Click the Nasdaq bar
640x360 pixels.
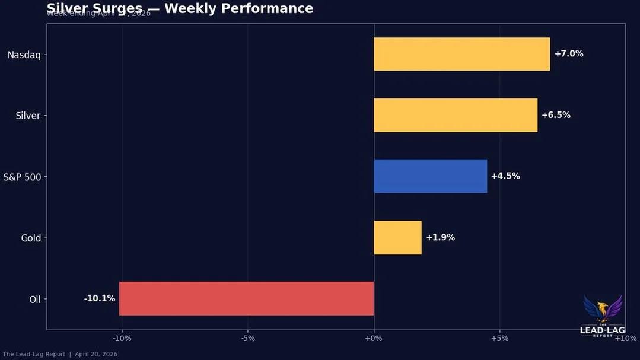(x=461, y=54)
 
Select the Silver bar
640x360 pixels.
(x=456, y=115)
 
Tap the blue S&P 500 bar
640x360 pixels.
(x=430, y=176)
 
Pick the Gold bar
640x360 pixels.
(x=397, y=237)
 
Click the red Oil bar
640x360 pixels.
(x=246, y=298)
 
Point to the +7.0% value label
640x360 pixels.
(x=569, y=54)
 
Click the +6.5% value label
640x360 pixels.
(x=556, y=115)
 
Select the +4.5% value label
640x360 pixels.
(x=505, y=176)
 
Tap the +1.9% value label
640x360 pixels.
(x=440, y=237)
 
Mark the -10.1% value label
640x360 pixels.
(x=100, y=298)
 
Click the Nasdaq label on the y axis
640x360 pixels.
(x=24, y=55)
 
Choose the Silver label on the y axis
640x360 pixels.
(x=28, y=116)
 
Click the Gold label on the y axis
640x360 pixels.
(x=31, y=238)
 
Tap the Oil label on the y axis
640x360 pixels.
(x=35, y=300)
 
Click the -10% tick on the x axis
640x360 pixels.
(x=122, y=339)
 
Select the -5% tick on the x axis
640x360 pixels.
(x=248, y=339)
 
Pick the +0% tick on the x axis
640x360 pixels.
(x=374, y=339)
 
